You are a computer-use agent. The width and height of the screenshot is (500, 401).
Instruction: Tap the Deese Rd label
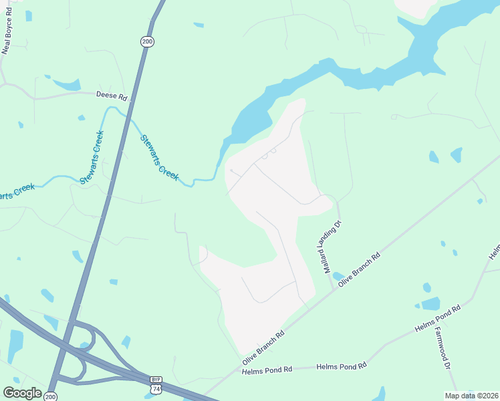point(111,96)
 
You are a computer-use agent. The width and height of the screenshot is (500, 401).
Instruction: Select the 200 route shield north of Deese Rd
point(147,41)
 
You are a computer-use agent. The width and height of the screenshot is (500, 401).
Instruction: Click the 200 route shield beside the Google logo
point(50,396)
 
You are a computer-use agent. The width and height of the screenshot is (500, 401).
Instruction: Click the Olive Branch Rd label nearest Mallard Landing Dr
point(360,269)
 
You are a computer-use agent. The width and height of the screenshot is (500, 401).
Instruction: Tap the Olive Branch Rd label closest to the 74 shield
point(263,347)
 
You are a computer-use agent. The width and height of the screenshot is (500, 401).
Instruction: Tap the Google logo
point(22,394)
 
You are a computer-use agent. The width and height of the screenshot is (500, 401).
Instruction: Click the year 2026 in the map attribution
point(488,395)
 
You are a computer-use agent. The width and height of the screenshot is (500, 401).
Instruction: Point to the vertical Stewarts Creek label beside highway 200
point(92,158)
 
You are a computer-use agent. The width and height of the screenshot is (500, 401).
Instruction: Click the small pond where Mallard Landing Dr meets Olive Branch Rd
point(338,276)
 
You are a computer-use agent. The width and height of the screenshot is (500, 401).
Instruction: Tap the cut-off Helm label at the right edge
point(495,251)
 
